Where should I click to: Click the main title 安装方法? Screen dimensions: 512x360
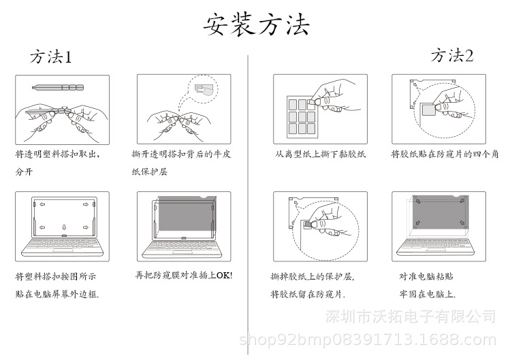point(257,24)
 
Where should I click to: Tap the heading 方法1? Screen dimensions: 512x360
point(50,56)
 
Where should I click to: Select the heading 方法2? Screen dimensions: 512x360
point(452,55)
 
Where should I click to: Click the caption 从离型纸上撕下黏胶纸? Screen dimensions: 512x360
point(321,154)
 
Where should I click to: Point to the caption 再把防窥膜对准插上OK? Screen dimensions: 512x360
point(183,275)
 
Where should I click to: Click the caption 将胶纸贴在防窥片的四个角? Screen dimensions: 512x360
point(445,154)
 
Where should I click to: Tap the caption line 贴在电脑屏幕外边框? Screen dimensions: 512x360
point(57,294)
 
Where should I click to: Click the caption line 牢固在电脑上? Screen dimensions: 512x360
point(427,294)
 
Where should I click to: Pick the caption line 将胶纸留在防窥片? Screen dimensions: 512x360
point(308,294)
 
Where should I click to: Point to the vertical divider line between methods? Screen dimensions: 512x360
point(248,204)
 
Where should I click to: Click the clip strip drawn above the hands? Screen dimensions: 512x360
point(59,87)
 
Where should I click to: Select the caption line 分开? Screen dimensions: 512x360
point(24,171)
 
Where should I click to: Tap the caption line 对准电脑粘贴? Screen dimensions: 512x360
point(426,276)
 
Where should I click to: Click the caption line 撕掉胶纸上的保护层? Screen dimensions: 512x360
point(313,276)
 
